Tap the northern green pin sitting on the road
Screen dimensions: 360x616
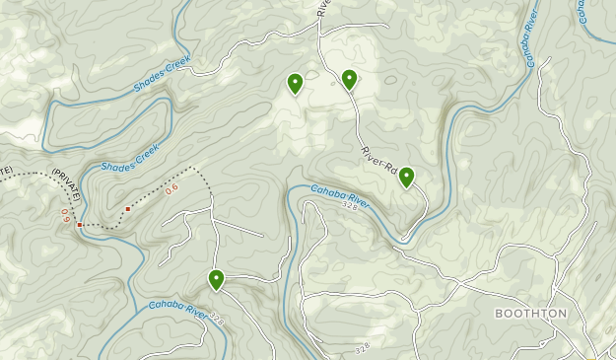point(349,80)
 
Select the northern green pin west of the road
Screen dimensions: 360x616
point(295,84)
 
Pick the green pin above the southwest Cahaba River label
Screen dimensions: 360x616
point(216,280)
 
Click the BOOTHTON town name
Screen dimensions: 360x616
point(531,314)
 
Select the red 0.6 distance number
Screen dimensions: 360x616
point(171,187)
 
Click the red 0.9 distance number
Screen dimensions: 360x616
point(66,211)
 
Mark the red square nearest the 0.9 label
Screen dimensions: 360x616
point(80,226)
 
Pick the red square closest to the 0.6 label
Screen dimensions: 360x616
point(128,209)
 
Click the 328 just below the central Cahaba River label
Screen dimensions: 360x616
point(352,208)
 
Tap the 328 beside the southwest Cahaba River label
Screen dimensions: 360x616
point(217,321)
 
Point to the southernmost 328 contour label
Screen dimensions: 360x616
point(361,348)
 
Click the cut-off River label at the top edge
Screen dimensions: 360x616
point(322,7)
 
